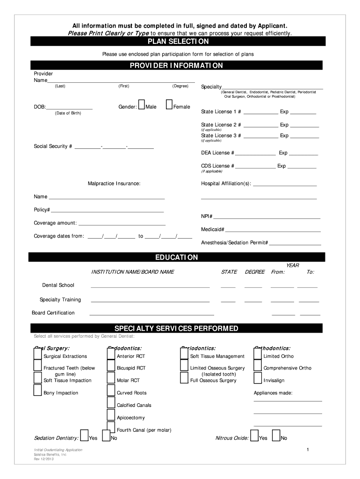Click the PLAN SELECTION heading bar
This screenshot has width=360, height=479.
pyautogui.click(x=177, y=42)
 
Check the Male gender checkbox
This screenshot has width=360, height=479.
pyautogui.click(x=142, y=106)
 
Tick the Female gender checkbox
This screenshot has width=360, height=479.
pyautogui.click(x=169, y=106)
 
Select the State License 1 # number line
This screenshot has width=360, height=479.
pyautogui.click(x=260, y=112)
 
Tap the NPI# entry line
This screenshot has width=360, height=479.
pyautogui.click(x=267, y=217)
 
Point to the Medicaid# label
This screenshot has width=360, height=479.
pyautogui.click(x=213, y=230)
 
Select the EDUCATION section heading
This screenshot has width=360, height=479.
pyautogui.click(x=177, y=257)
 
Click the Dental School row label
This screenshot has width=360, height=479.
pyautogui.click(x=58, y=285)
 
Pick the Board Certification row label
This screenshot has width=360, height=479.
pyautogui.click(x=53, y=312)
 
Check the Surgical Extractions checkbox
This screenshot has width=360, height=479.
pyautogui.click(x=37, y=354)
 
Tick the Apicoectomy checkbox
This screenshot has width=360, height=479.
pyautogui.click(x=111, y=415)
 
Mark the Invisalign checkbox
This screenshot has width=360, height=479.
pyautogui.click(x=258, y=378)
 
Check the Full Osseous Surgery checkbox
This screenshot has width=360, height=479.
pyautogui.click(x=184, y=378)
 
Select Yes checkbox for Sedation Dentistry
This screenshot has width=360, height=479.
pyautogui.click(x=85, y=435)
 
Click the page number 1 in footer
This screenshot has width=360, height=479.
pyautogui.click(x=308, y=450)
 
